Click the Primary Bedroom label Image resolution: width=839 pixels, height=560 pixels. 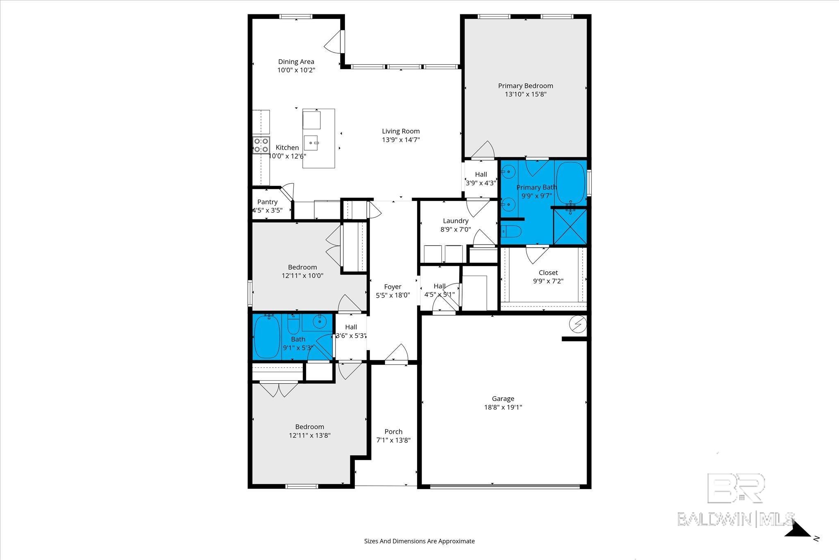pos(526,86)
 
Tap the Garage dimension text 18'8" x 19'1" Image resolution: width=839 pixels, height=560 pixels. pos(503,407)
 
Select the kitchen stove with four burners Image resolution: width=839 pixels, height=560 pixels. pos(261,146)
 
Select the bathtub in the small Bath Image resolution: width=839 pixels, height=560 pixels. pos(267,337)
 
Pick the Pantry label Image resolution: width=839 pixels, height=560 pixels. pos(268,202)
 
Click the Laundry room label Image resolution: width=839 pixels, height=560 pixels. pos(456,221)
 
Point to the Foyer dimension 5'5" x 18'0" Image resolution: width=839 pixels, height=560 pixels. pos(393,295)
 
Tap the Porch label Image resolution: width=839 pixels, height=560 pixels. pos(393,432)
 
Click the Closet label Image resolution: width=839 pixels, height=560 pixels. pos(548,273)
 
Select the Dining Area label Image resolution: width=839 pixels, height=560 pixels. pos(296,62)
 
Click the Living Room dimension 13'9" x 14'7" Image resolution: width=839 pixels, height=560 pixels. pos(401,140)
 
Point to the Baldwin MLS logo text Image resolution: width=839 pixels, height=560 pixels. pos(736,519)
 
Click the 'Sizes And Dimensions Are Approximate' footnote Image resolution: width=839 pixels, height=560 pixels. pos(419,541)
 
